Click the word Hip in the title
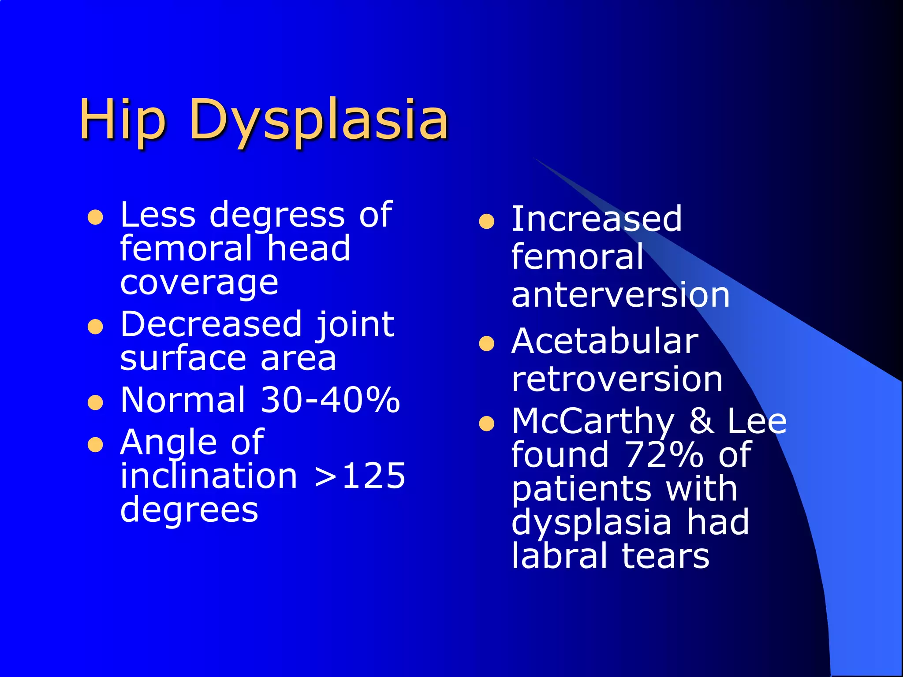[x=122, y=120]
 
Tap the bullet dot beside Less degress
[x=95, y=217]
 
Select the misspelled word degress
[x=277, y=216]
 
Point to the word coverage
[x=199, y=283]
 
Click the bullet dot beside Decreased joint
[x=95, y=327]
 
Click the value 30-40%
[x=330, y=400]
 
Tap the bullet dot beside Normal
[x=95, y=402]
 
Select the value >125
[x=360, y=476]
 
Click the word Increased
[x=597, y=219]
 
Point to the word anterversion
[x=620, y=295]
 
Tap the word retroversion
[x=617, y=379]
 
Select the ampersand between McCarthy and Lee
[x=702, y=421]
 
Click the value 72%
[x=664, y=454]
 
